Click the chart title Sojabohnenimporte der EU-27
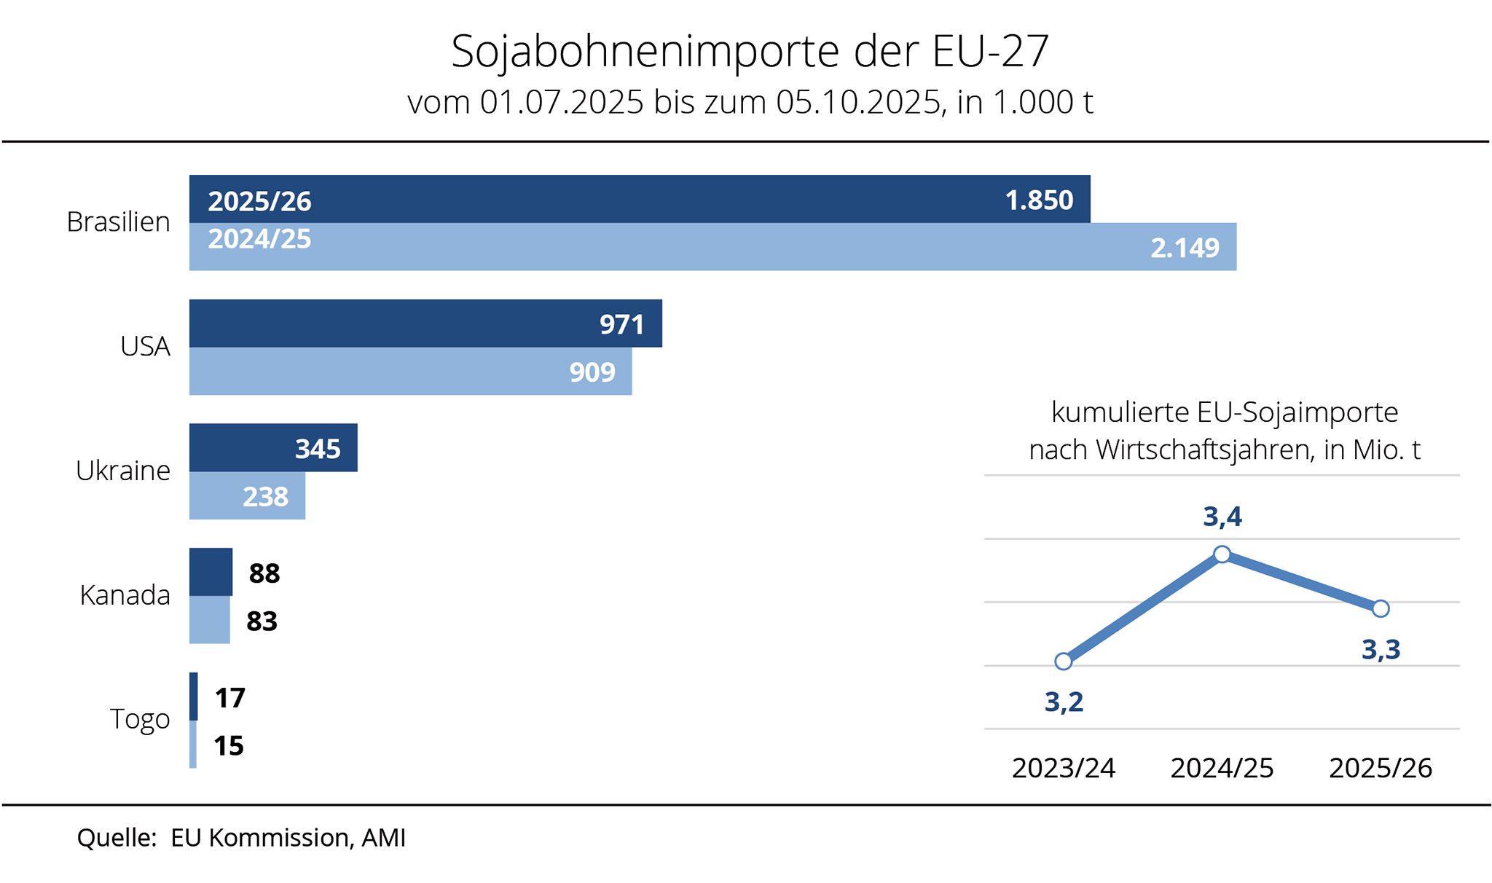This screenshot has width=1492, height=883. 750,51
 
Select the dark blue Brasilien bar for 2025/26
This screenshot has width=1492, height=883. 640,199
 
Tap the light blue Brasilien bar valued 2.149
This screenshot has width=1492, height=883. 712,247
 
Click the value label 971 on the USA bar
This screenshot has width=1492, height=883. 621,325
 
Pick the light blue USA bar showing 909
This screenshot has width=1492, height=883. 410,372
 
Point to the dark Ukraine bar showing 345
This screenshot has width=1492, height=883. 273,448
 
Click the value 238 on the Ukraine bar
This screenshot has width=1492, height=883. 265,497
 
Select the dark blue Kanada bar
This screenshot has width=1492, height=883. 211,572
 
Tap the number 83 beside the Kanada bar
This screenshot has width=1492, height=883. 262,621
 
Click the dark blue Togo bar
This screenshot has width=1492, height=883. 194,696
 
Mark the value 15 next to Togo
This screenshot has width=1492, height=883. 228,746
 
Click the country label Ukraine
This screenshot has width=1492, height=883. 123,471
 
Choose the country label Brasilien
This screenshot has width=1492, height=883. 118,221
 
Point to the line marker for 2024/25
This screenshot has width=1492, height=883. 1222,554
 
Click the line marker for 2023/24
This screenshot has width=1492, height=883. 1064,662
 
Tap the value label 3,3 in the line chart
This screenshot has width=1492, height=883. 1381,649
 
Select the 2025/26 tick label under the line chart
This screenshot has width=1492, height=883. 1381,768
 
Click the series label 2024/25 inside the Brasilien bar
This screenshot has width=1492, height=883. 259,239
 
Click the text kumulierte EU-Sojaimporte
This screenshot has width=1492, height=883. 1225,412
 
